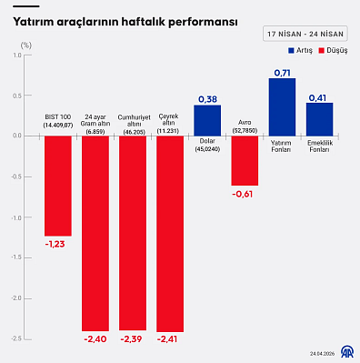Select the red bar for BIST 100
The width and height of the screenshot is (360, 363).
[58, 186]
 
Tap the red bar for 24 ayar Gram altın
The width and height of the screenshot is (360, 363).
[95, 233]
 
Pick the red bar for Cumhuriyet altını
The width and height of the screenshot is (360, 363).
[133, 233]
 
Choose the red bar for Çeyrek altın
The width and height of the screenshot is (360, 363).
[170, 233]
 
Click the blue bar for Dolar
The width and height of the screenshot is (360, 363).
[207, 120]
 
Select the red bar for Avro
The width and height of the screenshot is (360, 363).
[245, 160]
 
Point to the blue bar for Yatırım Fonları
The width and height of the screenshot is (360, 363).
[282, 106]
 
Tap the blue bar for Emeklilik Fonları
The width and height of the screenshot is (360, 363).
[319, 119]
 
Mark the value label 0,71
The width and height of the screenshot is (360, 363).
[282, 71]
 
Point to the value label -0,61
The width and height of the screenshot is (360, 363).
[244, 194]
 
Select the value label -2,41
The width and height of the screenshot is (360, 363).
[170, 339]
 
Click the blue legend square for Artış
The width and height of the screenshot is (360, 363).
[291, 51]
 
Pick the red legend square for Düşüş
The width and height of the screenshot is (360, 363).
[320, 51]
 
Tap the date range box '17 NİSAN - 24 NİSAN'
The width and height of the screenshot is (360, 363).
[305, 33]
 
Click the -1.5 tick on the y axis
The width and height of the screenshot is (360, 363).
[15, 257]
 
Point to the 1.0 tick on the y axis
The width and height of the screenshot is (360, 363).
[16, 55]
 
